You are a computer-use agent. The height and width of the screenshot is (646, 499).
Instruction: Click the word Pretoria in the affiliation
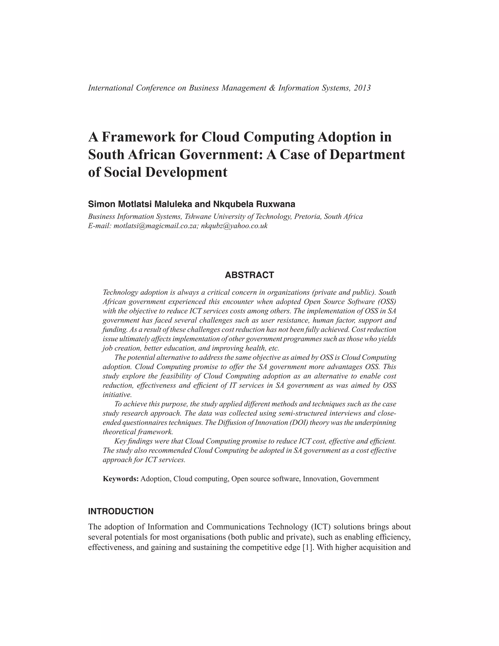click(308, 216)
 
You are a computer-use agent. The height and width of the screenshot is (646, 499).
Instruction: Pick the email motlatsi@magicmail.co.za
click(155, 226)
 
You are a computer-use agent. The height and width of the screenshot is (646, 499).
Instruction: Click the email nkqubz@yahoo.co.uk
click(234, 226)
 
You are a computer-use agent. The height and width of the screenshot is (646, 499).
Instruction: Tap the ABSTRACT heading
click(249, 275)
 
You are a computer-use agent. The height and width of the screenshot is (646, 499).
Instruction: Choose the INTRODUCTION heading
click(121, 511)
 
